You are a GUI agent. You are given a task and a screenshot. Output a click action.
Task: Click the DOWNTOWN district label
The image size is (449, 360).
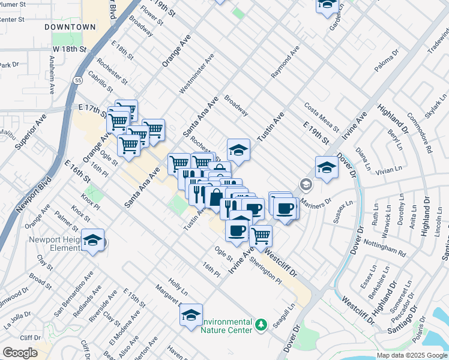[70, 28]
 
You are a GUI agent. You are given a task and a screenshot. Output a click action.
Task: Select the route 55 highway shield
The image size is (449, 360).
[79, 80]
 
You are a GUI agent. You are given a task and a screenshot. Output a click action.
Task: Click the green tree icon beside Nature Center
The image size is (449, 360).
[261, 325]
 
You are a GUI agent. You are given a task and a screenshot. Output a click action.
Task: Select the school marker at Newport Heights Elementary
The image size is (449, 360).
[93, 241]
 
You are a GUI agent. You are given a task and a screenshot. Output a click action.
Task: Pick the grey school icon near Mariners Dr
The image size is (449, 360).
[306, 184]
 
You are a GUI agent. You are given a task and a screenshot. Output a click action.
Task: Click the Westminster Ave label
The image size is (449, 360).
[197, 74]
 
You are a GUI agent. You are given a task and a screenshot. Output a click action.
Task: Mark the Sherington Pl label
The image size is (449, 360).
[265, 271]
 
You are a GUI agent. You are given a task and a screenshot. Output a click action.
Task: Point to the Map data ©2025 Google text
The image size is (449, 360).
[412, 355]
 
